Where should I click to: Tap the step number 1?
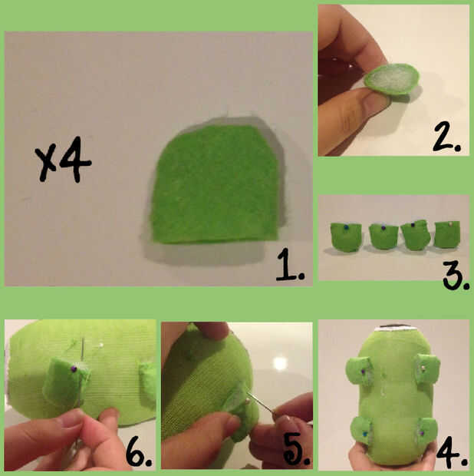coord(290,264)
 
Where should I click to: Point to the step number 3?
coord(456,275)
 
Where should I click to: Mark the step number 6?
coord(139,451)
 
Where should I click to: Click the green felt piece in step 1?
coord(215,184)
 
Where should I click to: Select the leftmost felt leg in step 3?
coord(346,237)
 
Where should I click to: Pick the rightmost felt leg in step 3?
coord(447,233)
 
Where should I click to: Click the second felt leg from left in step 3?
coord(383,236)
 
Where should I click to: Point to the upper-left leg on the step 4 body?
coord(359,372)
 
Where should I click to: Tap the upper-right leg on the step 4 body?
coord(427,368)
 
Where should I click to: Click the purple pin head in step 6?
coord(74,369)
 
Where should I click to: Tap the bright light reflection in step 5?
coord(280,363)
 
